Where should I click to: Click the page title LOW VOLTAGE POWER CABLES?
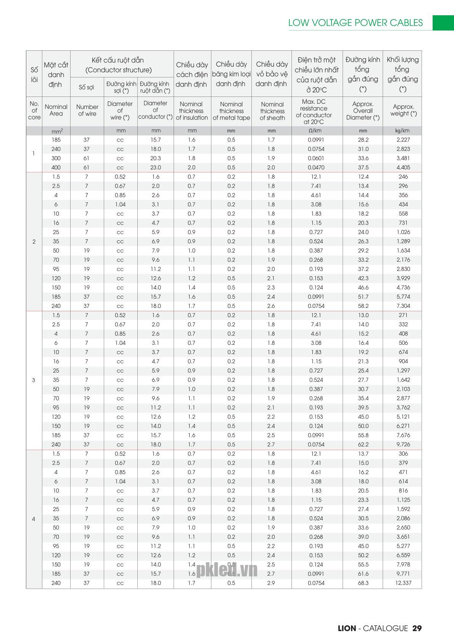point(355,23)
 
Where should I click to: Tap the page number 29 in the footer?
point(417,628)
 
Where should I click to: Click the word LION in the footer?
point(347,628)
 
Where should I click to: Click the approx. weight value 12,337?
point(403,583)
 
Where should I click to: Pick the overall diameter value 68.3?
point(363,583)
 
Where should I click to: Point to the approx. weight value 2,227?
point(403,140)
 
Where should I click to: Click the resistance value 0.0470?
point(316,167)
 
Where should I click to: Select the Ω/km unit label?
point(316,131)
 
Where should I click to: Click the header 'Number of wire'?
point(87,110)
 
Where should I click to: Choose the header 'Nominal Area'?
point(56,110)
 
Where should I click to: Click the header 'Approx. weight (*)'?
point(403,110)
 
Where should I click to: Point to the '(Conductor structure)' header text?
point(119,70)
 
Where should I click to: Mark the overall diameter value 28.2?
point(363,140)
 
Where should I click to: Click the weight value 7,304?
point(403,306)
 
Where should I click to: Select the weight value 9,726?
point(403,444)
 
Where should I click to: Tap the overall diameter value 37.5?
point(363,167)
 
